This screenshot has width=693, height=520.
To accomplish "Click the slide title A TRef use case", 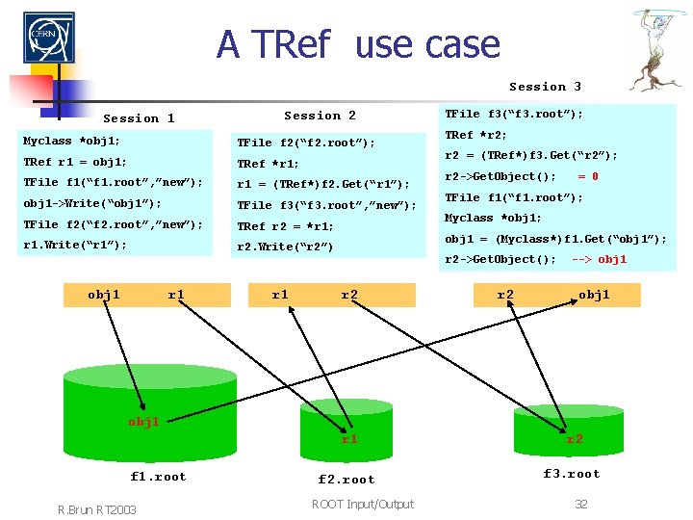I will tap(358, 44).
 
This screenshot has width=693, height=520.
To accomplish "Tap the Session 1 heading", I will tap(139, 118).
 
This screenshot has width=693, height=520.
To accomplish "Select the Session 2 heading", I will tap(320, 116).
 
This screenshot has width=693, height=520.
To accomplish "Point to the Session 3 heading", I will tap(545, 87).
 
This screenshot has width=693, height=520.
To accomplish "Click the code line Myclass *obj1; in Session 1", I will tap(71, 141).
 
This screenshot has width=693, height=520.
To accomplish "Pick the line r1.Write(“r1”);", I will tap(74, 245).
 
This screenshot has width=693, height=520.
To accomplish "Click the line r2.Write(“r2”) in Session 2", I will tap(285, 247).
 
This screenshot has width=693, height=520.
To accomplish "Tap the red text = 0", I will tap(587, 176).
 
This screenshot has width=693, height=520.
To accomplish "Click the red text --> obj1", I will tap(599, 259).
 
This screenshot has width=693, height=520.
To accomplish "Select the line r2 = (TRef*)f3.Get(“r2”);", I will tap(530, 155).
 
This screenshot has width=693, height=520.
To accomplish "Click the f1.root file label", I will tap(159, 476).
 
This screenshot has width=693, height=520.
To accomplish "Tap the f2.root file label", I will tap(346, 479).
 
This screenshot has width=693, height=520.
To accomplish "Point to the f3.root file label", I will tap(572, 473).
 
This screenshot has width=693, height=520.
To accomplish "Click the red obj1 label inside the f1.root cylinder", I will tap(143, 422).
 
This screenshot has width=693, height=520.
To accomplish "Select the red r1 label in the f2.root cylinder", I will tap(349, 439).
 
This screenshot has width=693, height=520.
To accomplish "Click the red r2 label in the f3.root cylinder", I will tap(575, 438).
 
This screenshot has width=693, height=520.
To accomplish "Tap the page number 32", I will tap(580, 504).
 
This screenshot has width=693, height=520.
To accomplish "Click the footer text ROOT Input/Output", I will tap(363, 504).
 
